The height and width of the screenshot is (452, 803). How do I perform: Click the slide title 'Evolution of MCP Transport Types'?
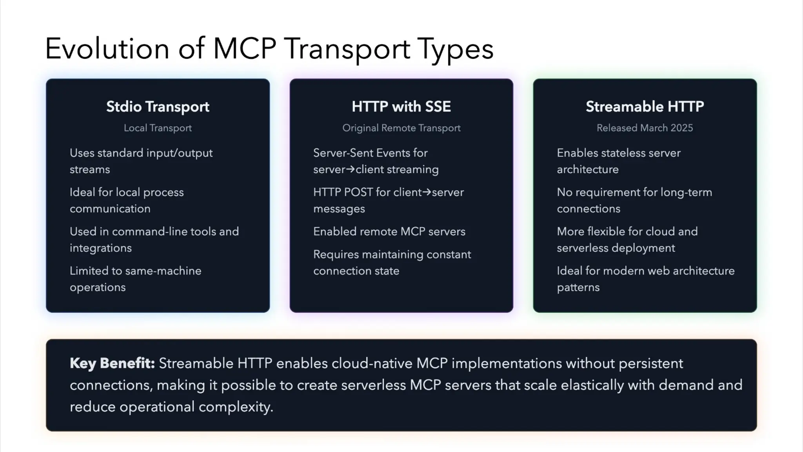click(x=269, y=49)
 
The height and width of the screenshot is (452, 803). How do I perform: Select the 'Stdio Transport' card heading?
click(x=158, y=107)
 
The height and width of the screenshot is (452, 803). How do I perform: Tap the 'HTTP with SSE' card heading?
click(x=401, y=107)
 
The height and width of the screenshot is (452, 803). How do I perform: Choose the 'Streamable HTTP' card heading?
click(x=645, y=107)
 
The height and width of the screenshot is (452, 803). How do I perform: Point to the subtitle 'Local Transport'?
click(x=158, y=128)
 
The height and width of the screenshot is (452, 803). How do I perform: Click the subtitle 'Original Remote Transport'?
click(x=401, y=128)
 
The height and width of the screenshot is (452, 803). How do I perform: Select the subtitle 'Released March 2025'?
click(x=645, y=128)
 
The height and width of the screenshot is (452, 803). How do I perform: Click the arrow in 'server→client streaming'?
click(x=351, y=169)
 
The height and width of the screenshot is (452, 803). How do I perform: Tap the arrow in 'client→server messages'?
click(x=426, y=192)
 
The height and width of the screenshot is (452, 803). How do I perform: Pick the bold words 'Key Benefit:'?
click(x=112, y=363)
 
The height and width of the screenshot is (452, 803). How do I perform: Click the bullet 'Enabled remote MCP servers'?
click(x=389, y=231)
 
